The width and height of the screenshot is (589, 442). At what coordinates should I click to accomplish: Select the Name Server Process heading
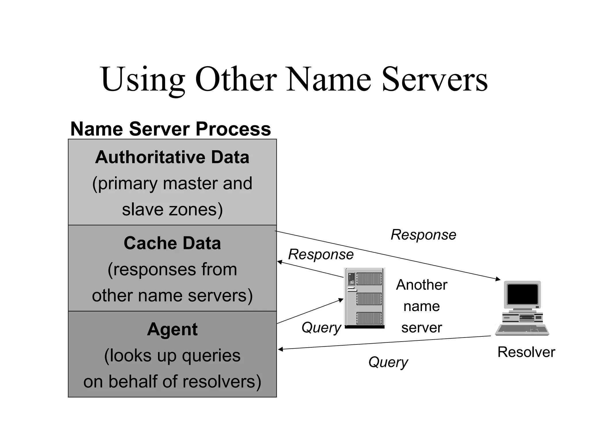[x=171, y=129]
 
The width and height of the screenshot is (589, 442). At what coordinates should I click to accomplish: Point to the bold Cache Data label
[x=172, y=243]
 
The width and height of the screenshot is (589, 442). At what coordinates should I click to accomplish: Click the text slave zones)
[x=172, y=209]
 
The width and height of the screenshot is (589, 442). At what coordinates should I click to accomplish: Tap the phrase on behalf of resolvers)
[x=172, y=381]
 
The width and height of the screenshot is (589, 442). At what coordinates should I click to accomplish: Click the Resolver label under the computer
[x=526, y=352]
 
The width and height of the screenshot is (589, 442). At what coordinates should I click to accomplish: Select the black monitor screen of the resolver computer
[x=523, y=294]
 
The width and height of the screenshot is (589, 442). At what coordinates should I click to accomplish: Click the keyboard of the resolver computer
[x=522, y=330]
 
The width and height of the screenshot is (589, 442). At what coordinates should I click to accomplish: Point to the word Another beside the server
[x=421, y=285]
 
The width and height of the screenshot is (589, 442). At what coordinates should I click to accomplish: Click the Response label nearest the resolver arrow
[x=423, y=235]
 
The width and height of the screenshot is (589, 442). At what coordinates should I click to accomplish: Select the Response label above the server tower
[x=321, y=254]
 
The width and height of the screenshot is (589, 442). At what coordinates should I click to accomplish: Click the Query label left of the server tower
[x=321, y=327]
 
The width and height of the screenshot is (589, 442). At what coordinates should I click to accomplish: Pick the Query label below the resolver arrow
[x=388, y=362]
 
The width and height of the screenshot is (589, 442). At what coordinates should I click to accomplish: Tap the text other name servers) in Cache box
[x=172, y=296]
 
